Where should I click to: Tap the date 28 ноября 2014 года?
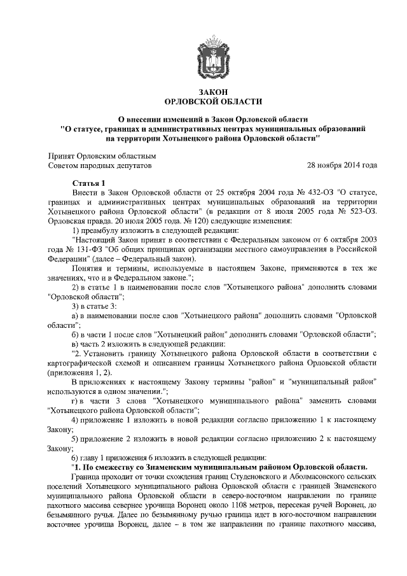click(x=341, y=165)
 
